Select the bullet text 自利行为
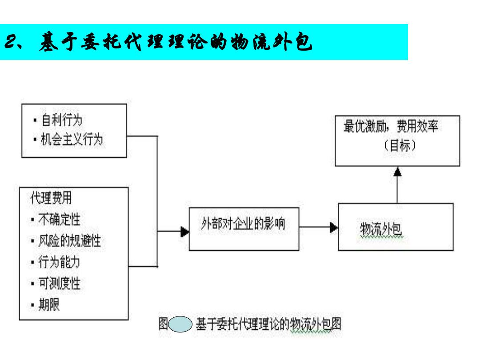(x=62, y=120)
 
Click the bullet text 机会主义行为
(x=72, y=139)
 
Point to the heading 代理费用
(x=51, y=198)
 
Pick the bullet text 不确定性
(x=60, y=219)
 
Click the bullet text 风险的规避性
(x=69, y=240)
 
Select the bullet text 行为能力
(x=59, y=262)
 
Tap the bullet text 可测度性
(x=60, y=284)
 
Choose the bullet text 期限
(x=49, y=305)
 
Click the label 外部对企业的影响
(x=243, y=224)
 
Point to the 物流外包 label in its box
(x=380, y=229)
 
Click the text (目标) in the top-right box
(x=400, y=145)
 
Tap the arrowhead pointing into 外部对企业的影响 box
(x=185, y=232)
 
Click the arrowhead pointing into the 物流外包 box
(x=334, y=228)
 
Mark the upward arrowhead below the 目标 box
(x=397, y=172)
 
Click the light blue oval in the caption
(x=180, y=324)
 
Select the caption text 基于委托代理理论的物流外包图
(x=268, y=324)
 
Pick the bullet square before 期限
(x=32, y=305)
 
